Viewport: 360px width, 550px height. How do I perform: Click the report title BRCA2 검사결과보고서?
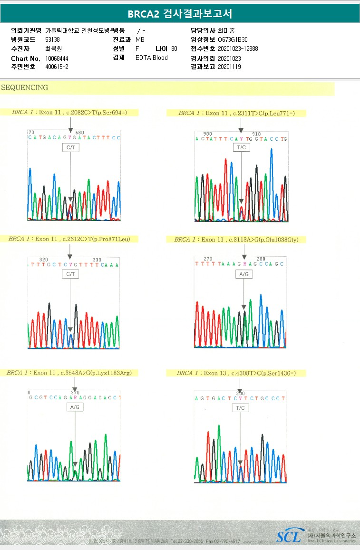180,14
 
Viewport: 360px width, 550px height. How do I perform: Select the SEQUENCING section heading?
25,88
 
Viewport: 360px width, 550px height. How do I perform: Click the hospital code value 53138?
53,39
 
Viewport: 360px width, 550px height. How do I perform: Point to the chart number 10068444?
57,58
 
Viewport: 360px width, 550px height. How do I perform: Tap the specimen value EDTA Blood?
152,58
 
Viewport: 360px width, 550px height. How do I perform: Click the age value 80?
174,48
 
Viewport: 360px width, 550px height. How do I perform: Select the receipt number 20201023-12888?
238,48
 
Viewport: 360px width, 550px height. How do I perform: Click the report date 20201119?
229,67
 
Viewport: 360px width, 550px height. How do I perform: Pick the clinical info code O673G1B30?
233,39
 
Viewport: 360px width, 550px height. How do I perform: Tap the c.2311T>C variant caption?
236,113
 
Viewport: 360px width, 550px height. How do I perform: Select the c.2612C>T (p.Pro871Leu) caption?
69,239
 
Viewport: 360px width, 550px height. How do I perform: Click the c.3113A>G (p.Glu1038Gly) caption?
236,240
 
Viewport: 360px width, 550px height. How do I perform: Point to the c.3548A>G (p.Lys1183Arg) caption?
69,373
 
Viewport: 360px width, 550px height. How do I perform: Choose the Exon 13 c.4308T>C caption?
236,373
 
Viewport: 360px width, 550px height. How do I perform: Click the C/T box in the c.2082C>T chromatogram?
70,148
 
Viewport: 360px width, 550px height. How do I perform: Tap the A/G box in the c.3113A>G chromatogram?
244,274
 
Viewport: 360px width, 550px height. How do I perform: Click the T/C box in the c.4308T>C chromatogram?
241,408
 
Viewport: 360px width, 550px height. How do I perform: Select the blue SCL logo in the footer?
289,537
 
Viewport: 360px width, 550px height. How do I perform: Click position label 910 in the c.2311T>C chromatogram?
256,134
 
